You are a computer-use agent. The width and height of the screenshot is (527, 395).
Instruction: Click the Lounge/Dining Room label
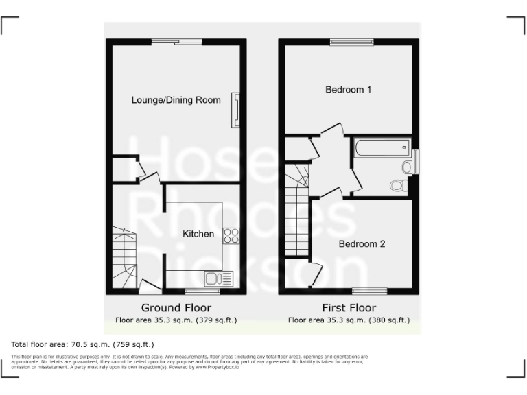click(176, 100)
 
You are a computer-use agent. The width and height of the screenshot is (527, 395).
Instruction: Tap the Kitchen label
click(198, 234)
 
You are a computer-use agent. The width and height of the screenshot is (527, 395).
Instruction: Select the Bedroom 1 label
click(349, 89)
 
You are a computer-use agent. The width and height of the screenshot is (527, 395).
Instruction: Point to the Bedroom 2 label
click(362, 243)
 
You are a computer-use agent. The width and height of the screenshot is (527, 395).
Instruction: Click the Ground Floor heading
click(176, 308)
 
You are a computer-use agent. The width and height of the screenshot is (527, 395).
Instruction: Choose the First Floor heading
click(349, 308)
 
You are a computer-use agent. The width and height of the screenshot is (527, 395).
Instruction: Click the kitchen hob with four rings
click(231, 236)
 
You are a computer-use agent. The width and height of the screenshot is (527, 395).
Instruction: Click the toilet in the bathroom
click(397, 184)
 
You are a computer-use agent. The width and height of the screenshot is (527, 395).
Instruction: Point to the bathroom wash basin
click(406, 167)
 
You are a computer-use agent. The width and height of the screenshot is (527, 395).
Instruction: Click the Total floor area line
click(83, 344)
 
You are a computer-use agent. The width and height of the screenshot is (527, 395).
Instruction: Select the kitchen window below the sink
click(202, 291)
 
